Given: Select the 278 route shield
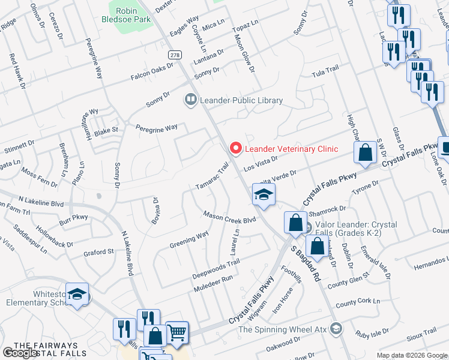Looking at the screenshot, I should [175, 55].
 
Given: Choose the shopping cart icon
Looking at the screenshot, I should [177, 332].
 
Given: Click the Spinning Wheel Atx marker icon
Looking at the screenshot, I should [336, 329].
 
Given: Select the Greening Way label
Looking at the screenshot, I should [189, 241].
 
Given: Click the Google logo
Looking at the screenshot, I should [20, 353].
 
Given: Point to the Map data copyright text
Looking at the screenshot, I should [412, 355].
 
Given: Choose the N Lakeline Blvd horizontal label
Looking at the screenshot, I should [41, 200].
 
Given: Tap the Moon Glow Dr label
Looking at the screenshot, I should [244, 53].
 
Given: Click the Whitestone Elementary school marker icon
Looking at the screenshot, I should [77, 293].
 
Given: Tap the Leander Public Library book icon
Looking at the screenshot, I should [191, 100].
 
